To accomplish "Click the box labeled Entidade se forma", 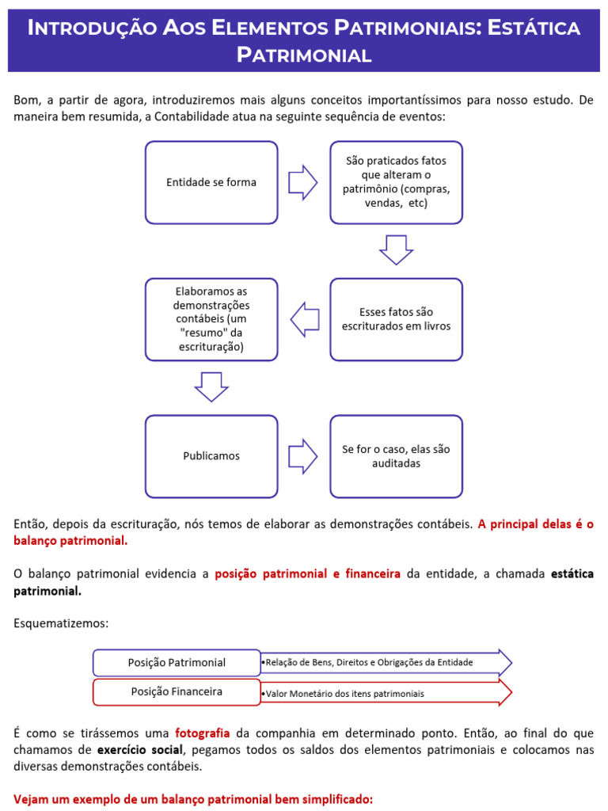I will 211,182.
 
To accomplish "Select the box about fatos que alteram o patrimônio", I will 396,182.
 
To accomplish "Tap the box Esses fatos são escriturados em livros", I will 396,319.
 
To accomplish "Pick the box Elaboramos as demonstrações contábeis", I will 211,319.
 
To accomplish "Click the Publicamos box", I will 211,456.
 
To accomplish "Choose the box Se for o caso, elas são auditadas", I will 396,456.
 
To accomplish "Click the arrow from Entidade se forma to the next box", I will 302,183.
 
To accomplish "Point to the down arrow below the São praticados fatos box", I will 396,249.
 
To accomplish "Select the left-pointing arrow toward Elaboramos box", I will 305,320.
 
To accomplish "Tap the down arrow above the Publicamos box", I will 211,386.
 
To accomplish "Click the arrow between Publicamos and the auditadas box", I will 302,456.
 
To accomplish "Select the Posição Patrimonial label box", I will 177,662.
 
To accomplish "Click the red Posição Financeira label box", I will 177,691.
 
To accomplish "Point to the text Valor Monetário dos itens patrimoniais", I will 344,694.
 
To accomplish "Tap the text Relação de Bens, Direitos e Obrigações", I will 369,662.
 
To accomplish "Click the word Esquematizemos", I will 60,623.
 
